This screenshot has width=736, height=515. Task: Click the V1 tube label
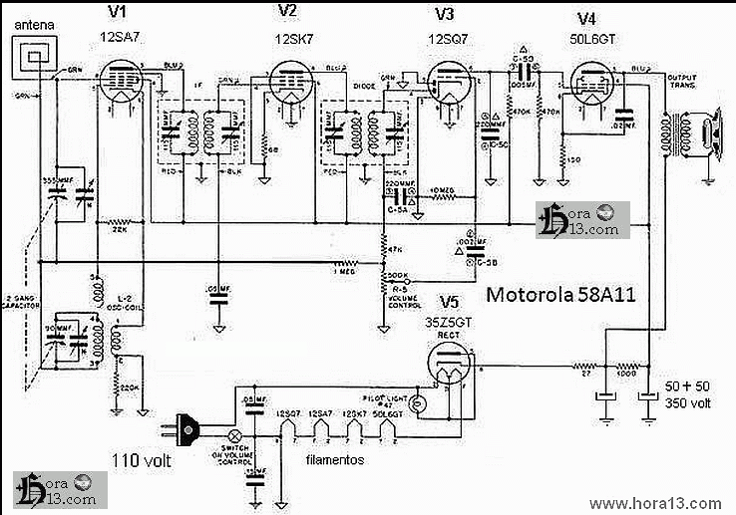point(119,12)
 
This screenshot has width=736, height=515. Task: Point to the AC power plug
point(189,434)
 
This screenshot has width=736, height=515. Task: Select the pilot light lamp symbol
point(418,404)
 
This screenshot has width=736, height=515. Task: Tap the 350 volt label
point(688,403)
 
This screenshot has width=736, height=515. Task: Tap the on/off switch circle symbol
point(236,436)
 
